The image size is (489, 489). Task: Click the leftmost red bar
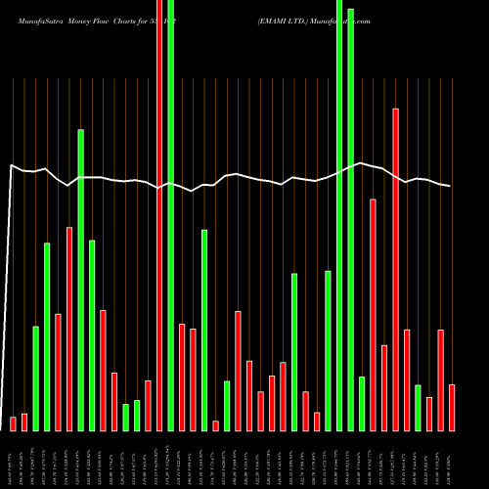point(14,423)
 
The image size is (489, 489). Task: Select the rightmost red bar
point(452,407)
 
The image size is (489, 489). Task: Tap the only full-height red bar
point(159,215)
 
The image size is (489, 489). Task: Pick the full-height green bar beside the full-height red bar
point(171,215)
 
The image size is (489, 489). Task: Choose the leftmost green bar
point(36,378)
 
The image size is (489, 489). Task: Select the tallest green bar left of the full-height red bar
point(81,279)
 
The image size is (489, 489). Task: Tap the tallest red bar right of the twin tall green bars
point(396,269)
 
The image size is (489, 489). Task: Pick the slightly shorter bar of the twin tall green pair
point(351,219)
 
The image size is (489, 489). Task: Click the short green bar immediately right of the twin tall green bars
point(362,403)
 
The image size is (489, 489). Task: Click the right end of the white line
point(451,186)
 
